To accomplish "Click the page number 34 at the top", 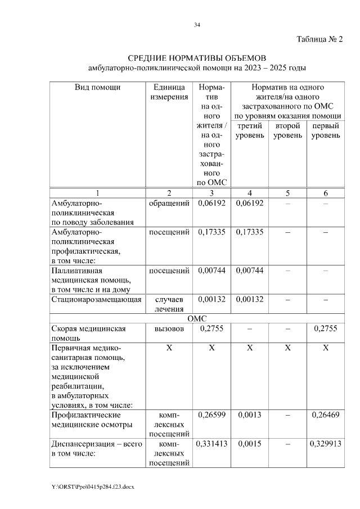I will (197, 25).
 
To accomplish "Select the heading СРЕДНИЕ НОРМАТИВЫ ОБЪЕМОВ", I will (196, 58).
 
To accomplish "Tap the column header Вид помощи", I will (98, 87).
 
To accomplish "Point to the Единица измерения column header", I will (168, 92).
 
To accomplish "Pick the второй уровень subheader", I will (287, 131).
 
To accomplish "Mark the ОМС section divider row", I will (197, 318).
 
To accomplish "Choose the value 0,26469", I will (325, 415).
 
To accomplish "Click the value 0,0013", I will (250, 415).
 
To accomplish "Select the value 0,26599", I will (211, 415).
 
